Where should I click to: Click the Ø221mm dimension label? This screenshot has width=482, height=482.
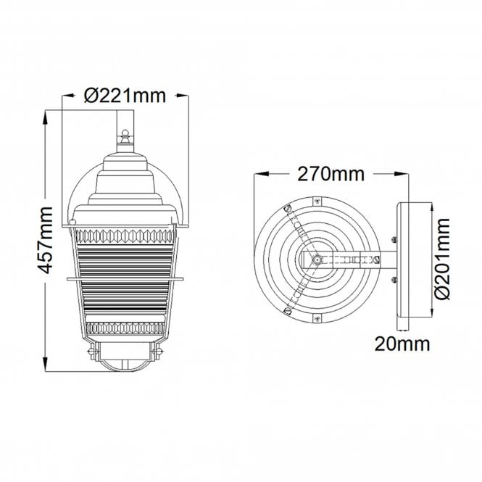tap(125, 96)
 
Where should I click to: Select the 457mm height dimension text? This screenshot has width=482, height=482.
tap(45, 240)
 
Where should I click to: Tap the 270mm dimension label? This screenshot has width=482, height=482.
tap(331, 174)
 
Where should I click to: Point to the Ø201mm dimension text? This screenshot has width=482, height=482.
tap(442, 259)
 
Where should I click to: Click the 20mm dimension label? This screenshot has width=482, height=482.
tap(402, 344)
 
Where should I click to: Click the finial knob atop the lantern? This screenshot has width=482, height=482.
tap(125, 136)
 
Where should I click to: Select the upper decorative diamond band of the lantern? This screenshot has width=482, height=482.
tap(125, 236)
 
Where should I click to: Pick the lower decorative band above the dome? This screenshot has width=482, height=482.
tap(125, 328)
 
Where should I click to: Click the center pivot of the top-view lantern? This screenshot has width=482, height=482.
tap(316, 259)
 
